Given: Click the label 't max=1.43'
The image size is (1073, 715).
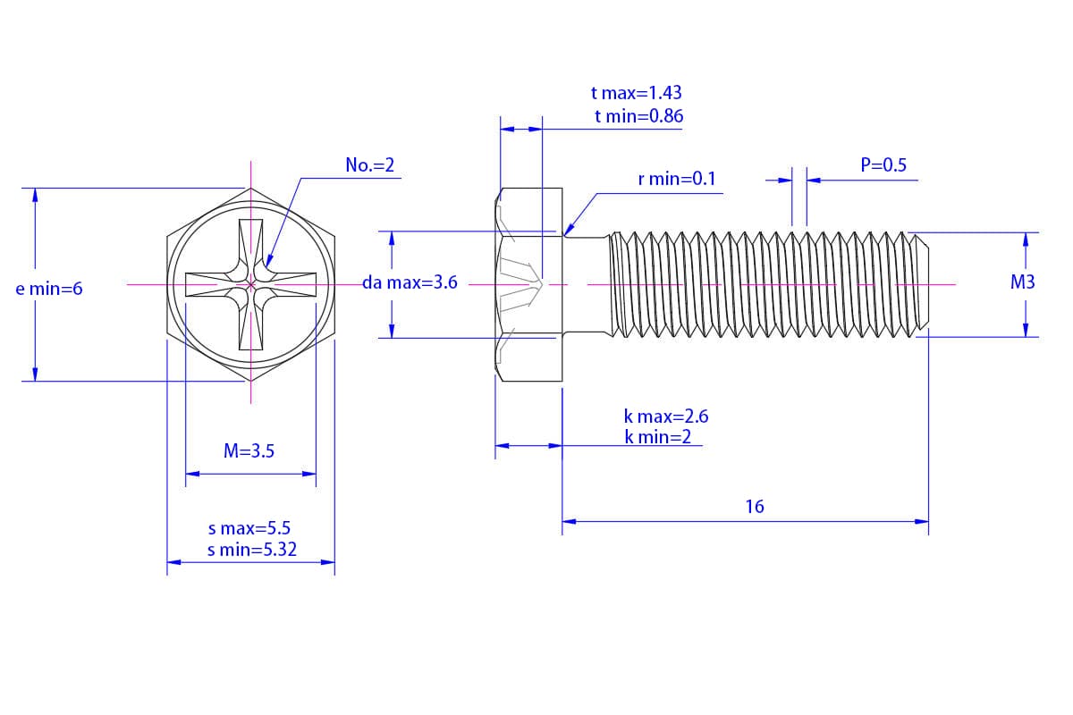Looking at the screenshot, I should point(636,93).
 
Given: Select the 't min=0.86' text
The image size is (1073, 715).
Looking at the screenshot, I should point(638,116).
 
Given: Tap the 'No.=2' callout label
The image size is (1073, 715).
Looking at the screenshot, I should point(369,165).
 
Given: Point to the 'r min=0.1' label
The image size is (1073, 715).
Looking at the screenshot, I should point(677,179).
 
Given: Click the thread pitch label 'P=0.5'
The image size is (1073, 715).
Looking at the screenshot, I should point(883,165).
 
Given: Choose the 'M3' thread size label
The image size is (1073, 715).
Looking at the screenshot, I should point(1022,282).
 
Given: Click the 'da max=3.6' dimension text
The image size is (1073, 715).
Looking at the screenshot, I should point(410,283).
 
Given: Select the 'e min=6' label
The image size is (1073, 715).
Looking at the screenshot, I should point(49,289).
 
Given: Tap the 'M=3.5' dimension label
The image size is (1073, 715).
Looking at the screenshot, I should point(249,451).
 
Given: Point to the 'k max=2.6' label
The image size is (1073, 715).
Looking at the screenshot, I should point(666,416).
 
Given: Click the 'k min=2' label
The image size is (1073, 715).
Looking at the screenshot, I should point(658,437).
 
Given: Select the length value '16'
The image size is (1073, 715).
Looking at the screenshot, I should point(755,507).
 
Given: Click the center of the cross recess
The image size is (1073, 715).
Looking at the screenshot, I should point(251,285).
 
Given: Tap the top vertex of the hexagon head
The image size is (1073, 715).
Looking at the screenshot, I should point(251,189).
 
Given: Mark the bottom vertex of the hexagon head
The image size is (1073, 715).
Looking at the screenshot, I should point(251,382).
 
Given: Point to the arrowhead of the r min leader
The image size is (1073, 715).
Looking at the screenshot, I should point(565,234).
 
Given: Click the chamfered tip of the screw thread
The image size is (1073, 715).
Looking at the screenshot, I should point(925,285).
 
